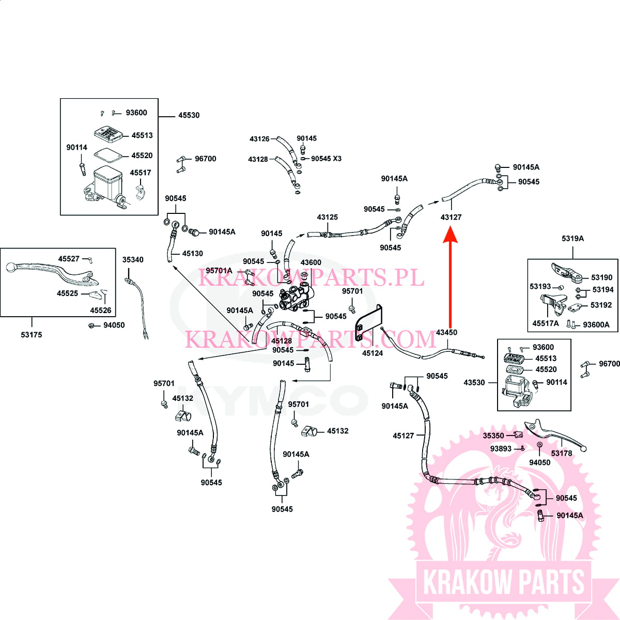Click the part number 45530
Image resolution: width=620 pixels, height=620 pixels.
189,115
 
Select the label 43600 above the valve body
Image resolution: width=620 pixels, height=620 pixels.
311,262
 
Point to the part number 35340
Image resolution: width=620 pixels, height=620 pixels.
133,260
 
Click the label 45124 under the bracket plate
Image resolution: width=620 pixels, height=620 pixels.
372,353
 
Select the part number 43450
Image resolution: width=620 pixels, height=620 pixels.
446,332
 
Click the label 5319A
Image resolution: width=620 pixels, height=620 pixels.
572,239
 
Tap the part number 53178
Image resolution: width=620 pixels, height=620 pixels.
562,453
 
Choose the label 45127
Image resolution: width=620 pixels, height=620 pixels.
403,436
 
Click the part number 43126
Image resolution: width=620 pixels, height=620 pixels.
259,139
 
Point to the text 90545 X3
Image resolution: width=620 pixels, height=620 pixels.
326,159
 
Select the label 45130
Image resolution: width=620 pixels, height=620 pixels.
193,254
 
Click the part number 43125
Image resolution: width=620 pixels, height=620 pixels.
328,217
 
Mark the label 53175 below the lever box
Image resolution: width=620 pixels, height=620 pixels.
32,335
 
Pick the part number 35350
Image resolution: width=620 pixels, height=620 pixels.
493,436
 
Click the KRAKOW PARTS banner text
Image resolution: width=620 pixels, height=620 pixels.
504,582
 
